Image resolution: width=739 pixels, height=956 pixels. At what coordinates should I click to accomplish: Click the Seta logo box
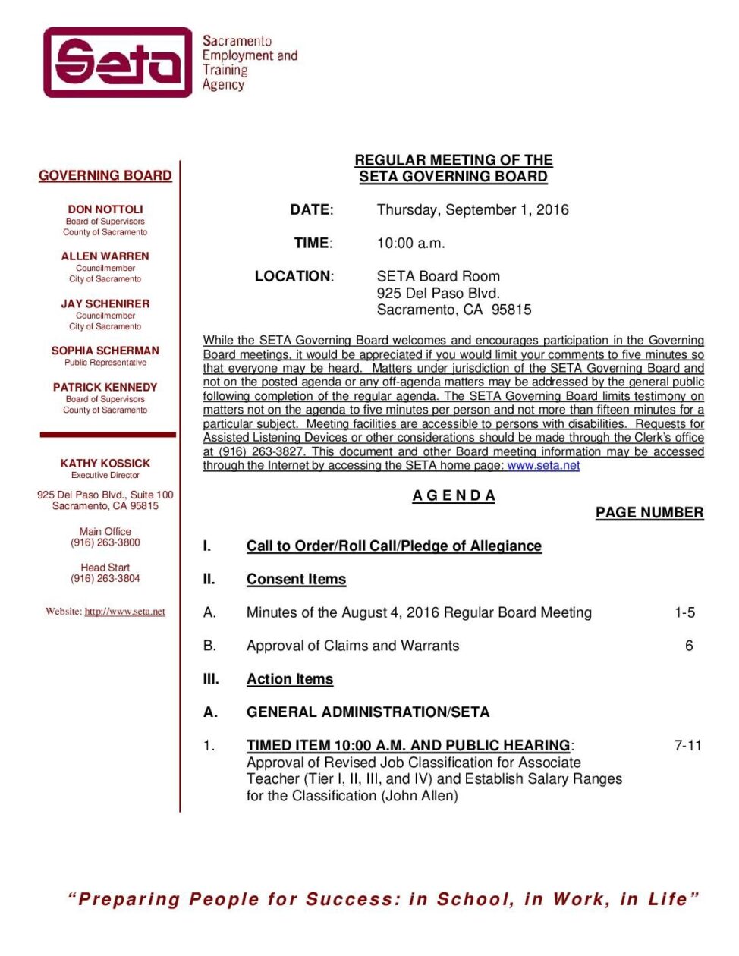point(118,62)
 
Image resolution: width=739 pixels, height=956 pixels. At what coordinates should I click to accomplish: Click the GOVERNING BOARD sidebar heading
point(105,175)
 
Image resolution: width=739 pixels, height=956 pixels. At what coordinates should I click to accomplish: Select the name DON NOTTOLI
point(105,209)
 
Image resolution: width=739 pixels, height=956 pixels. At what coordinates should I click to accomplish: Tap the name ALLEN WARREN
point(105,256)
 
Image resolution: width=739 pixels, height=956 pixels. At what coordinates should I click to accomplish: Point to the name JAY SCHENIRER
point(105,303)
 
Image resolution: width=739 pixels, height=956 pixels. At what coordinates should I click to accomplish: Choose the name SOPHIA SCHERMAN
point(105,351)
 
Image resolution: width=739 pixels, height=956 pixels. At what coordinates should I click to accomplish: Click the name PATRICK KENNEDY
point(105,387)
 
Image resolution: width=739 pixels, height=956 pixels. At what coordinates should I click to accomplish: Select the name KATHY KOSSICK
point(105,463)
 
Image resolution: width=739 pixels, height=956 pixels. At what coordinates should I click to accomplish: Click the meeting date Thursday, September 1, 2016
point(473,210)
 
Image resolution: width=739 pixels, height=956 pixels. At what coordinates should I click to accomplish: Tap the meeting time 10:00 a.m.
point(411,244)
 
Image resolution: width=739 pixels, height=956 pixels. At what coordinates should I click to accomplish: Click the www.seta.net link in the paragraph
point(543,465)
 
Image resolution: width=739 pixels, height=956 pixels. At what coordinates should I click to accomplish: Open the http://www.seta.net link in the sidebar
point(124,612)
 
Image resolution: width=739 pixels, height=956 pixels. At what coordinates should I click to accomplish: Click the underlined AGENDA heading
point(454,495)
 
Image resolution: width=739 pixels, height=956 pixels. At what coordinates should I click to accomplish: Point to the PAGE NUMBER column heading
point(649,513)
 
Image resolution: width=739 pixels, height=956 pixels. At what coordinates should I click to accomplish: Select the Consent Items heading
point(296,580)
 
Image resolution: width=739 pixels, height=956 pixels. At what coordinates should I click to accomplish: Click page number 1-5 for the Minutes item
point(684,612)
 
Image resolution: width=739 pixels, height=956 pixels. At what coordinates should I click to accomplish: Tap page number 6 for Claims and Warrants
point(689,646)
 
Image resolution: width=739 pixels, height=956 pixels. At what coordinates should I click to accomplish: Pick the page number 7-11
point(688,746)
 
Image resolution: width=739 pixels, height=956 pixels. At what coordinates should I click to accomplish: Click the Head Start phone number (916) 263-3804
point(105,578)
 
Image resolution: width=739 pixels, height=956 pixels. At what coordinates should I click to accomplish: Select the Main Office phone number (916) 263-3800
point(105,542)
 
